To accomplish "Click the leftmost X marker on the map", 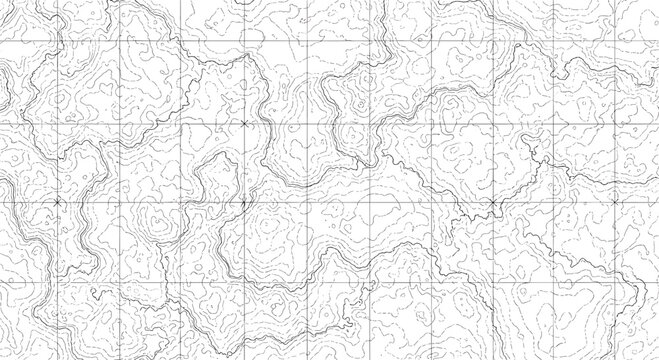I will click(57, 202).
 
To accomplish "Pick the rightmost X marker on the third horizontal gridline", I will click(617, 202).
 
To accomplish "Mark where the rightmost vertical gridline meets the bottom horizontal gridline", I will click(617, 281).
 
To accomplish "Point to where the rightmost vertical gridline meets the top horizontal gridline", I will click(617, 44).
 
